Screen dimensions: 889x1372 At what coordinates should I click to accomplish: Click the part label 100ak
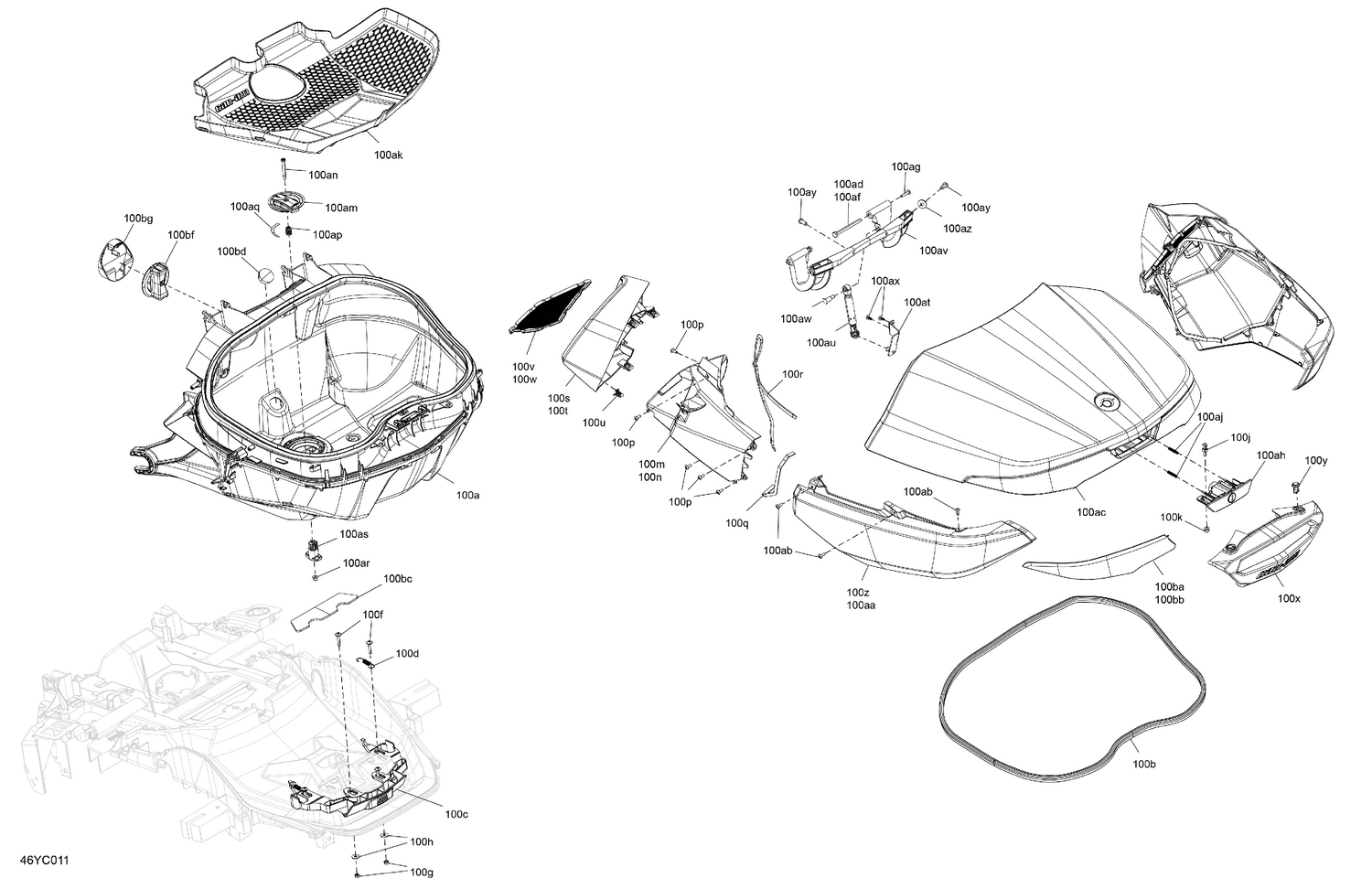[388, 155]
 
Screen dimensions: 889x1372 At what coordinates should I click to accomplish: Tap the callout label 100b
[1143, 764]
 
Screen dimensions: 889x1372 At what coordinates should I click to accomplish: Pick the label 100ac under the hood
[1090, 512]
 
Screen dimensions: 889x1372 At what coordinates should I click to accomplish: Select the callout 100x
[1289, 598]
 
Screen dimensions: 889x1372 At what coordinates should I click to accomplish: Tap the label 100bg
[138, 219]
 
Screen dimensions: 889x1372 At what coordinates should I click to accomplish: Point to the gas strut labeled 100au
[849, 311]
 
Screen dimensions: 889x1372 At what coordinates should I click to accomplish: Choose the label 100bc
[398, 579]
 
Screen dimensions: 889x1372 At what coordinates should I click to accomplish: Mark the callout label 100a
[467, 495]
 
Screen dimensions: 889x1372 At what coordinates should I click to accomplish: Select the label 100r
[792, 374]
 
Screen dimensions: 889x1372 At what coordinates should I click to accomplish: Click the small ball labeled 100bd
[262, 275]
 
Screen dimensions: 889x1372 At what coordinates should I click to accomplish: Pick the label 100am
[340, 209]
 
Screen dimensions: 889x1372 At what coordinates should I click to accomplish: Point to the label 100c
[456, 814]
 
